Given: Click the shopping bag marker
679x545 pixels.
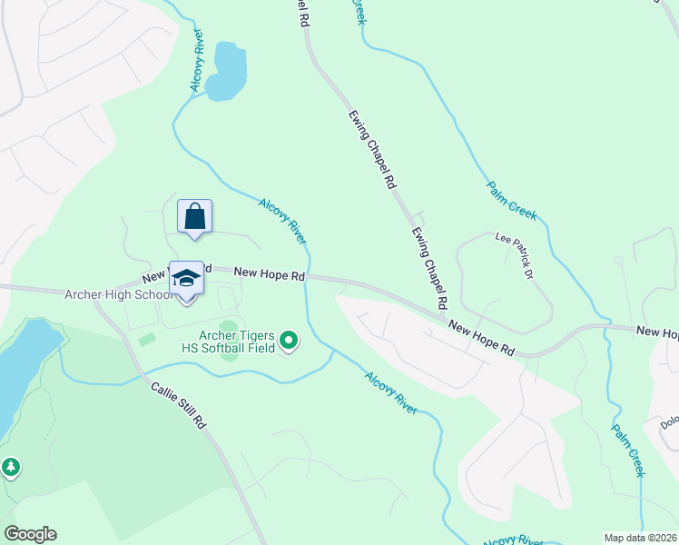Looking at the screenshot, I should coord(194,217).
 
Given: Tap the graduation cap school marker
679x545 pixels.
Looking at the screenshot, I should coord(186,279).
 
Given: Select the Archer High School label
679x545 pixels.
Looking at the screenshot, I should coord(118,294).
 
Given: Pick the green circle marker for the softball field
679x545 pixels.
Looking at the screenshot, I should coord(289,341).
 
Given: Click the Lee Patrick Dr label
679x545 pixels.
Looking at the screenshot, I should coord(514,252).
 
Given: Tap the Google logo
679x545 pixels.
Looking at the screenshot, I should coord(30,534).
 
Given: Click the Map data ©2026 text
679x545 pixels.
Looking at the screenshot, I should coord(640,538).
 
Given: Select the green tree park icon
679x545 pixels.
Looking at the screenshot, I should coord(10,467).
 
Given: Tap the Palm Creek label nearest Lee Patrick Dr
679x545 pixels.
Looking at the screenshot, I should coord(512,201).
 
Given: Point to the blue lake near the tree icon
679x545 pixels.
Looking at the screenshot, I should coord(23,363).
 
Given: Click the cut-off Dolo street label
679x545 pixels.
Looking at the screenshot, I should coord(669,423).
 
